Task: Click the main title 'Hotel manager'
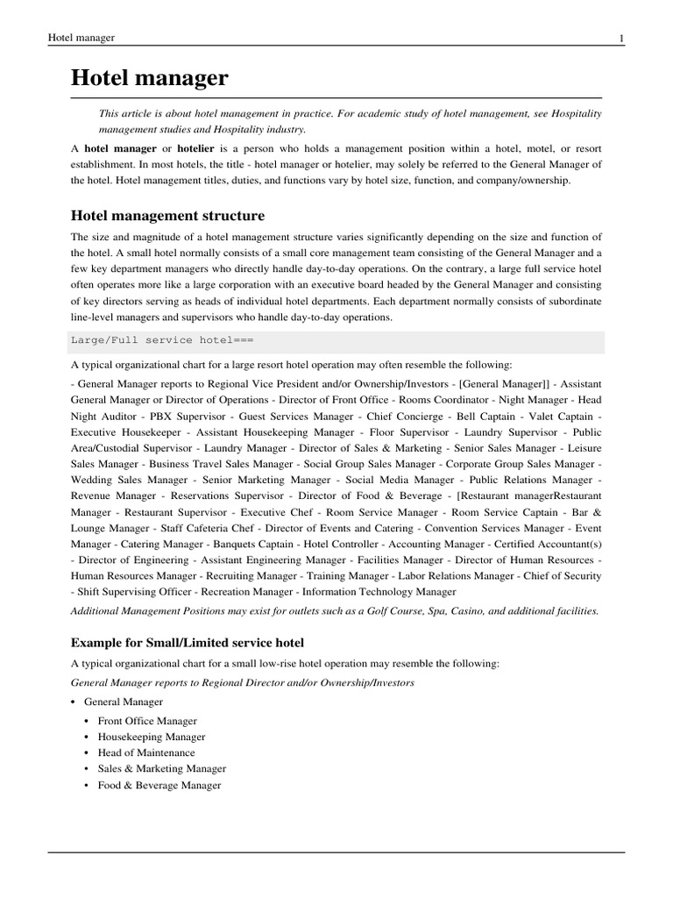[x=149, y=78]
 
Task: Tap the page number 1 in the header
[x=621, y=39]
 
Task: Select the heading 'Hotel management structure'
[x=167, y=215]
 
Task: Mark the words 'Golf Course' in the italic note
[x=385, y=610]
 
